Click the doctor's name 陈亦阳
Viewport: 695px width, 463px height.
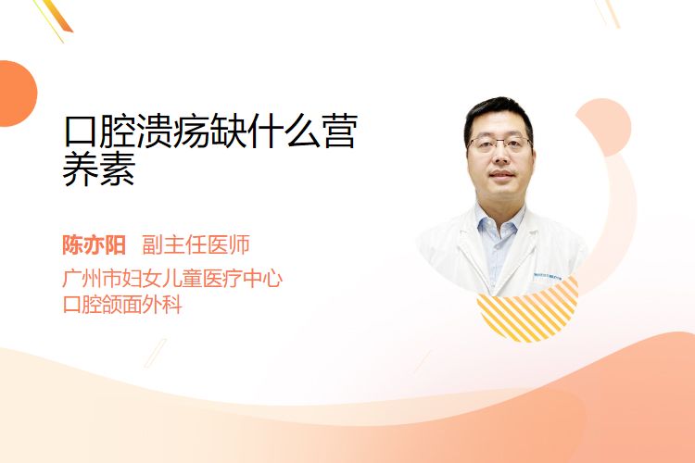point(94,245)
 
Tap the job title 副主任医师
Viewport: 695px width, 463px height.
point(196,245)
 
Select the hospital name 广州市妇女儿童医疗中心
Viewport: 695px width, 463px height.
point(172,279)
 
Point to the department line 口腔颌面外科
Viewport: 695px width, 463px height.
point(122,305)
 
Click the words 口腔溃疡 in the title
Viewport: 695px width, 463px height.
point(136,131)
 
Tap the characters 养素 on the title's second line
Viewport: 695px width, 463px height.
point(99,169)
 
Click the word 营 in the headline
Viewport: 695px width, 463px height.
point(340,131)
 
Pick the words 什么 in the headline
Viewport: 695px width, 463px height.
point(285,131)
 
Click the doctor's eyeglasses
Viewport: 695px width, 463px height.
point(500,144)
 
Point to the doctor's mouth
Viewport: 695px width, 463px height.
point(501,175)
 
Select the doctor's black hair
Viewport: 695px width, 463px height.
point(499,115)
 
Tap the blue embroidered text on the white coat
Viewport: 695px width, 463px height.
point(547,277)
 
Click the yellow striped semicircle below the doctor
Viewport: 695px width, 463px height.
point(527,312)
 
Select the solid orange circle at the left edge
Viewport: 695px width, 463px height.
point(17,94)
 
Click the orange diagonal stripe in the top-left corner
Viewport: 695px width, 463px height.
point(59,16)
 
